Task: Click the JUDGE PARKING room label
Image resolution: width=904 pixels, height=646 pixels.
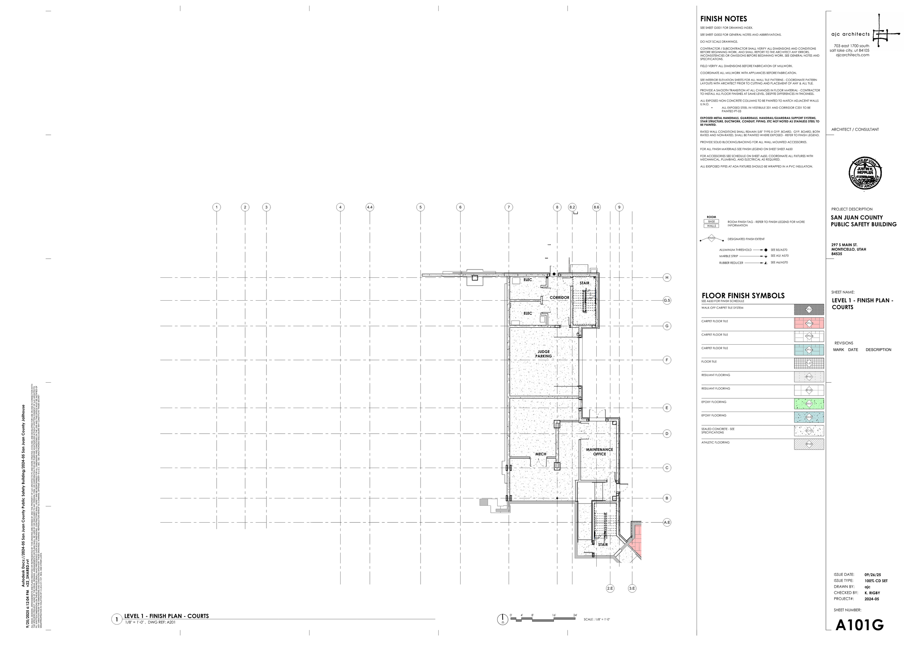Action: click(x=543, y=354)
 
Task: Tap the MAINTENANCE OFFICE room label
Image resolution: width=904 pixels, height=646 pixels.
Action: click(x=600, y=451)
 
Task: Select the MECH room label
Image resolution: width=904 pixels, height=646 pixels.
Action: click(x=541, y=454)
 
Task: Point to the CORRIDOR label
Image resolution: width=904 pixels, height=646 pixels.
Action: click(x=559, y=298)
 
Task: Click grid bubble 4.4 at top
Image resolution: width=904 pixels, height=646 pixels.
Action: click(x=370, y=207)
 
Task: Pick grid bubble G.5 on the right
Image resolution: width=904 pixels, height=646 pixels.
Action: click(x=667, y=300)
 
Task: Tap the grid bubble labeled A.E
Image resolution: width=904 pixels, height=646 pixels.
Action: click(x=667, y=522)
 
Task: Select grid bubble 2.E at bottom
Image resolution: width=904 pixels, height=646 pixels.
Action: click(x=610, y=588)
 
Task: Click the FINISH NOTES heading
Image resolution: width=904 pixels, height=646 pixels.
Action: click(x=724, y=19)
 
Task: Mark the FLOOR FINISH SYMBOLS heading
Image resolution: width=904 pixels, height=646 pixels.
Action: click(x=743, y=296)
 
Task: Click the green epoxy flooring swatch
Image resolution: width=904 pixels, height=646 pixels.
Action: click(x=809, y=404)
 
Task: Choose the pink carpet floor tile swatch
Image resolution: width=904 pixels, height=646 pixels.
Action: click(x=809, y=323)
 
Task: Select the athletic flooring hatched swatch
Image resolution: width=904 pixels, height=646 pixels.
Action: click(x=809, y=444)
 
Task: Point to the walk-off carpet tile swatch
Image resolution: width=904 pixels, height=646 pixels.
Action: click(x=809, y=310)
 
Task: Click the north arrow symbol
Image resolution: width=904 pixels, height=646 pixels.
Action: click(x=503, y=619)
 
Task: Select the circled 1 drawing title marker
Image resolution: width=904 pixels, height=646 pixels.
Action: click(x=116, y=619)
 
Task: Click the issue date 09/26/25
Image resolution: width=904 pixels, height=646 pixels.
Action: click(x=873, y=575)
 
